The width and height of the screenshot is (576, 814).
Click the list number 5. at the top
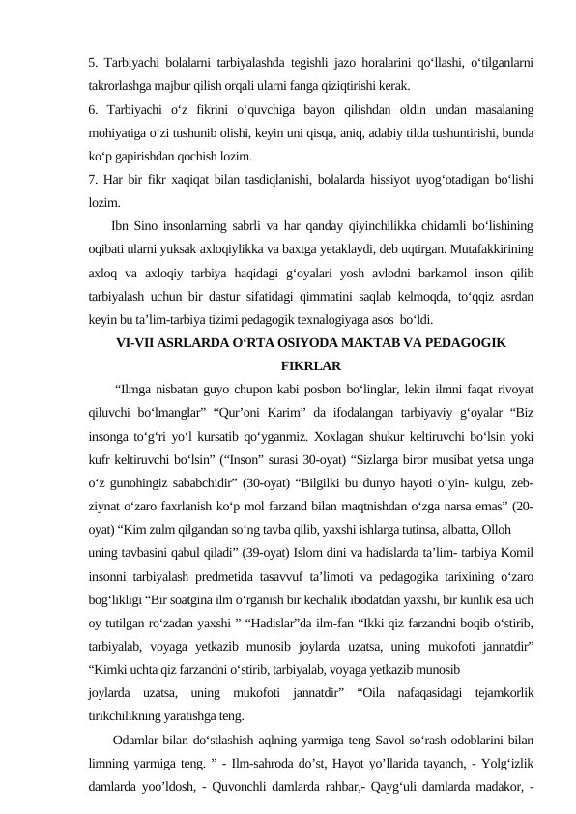(93, 62)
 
